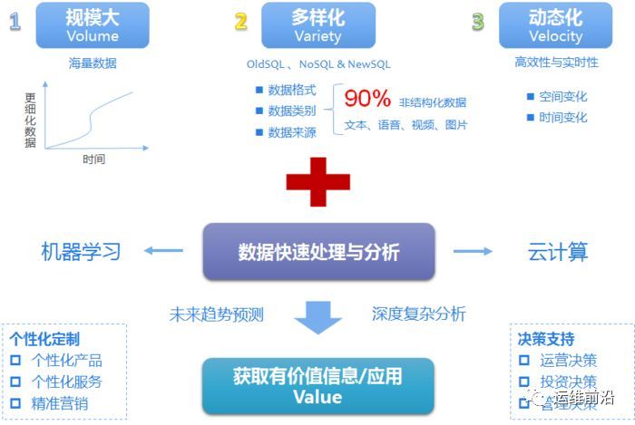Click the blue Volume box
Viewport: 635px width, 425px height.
click(x=93, y=25)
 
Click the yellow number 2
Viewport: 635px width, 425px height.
click(x=240, y=22)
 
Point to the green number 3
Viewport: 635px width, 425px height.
click(x=477, y=22)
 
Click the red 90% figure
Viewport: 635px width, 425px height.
click(x=366, y=99)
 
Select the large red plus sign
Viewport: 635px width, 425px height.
click(x=318, y=181)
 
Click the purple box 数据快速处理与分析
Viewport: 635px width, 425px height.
click(x=318, y=251)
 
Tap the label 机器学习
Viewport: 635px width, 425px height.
click(x=81, y=251)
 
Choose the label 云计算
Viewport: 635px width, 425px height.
click(x=558, y=251)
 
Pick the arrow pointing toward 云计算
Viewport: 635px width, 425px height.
click(x=473, y=251)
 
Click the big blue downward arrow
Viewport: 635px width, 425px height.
click(x=317, y=317)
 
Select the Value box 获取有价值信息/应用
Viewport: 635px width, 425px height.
click(x=317, y=385)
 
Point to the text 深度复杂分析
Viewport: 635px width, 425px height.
click(x=419, y=314)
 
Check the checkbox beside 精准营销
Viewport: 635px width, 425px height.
click(x=15, y=403)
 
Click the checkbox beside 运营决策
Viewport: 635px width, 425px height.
click(x=523, y=361)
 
